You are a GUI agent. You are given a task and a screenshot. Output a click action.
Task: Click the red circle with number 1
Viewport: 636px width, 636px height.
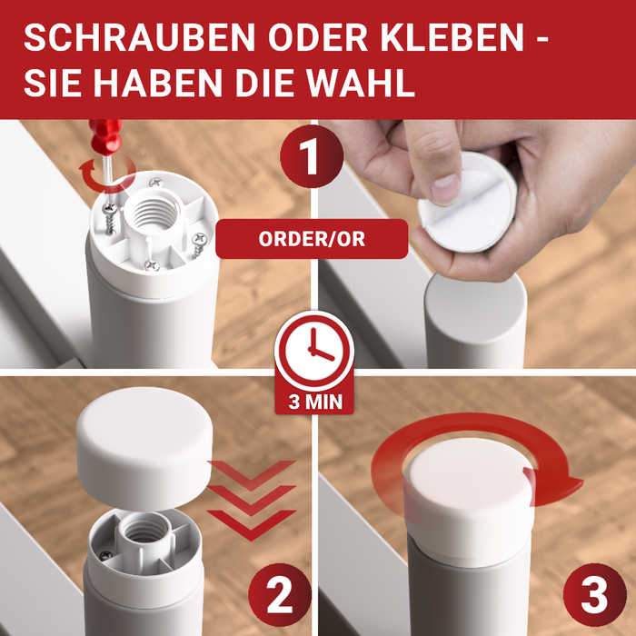pos(310,157)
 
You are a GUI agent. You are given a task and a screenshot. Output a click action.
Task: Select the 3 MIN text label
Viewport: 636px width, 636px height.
pos(313,401)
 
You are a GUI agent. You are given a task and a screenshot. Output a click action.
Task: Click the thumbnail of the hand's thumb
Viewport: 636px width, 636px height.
pos(446,186)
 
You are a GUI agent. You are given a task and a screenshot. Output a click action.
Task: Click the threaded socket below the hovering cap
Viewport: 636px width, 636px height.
pos(143,527)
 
